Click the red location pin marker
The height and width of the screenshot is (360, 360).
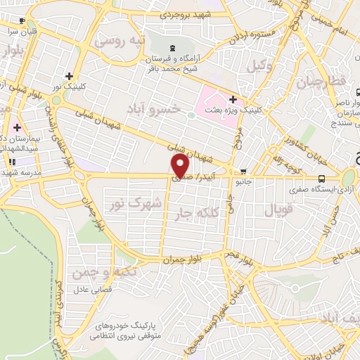click(181, 166)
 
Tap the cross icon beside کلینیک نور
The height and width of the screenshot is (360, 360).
click(69, 76)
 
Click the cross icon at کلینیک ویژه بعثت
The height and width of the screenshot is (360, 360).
click(233, 98)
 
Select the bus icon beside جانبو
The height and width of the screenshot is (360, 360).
click(243, 172)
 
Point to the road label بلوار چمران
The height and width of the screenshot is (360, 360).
click(163, 259)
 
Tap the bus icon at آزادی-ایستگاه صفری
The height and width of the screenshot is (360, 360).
click(321, 178)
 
